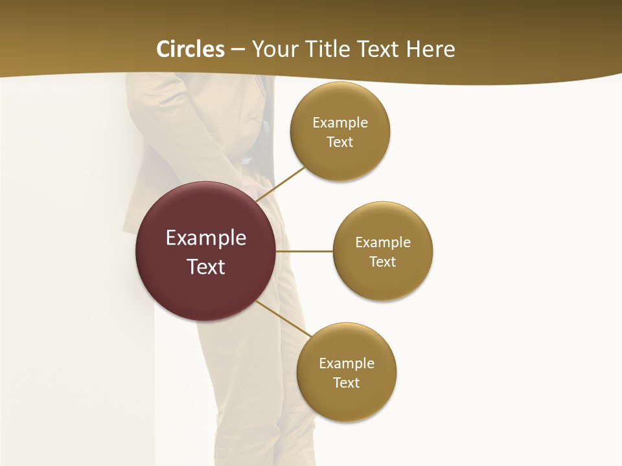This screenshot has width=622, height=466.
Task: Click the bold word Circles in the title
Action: [190, 49]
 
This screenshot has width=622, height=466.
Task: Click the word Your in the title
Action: [273, 49]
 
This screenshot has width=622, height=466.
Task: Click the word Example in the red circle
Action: [206, 238]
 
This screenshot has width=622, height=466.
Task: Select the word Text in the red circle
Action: [206, 267]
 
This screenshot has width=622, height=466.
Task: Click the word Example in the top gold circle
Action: [340, 123]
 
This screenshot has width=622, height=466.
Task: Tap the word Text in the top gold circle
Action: [340, 142]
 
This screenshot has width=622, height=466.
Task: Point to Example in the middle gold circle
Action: [383, 243]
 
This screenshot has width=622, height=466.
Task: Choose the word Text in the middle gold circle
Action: [383, 262]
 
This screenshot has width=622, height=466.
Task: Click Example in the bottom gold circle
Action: [347, 364]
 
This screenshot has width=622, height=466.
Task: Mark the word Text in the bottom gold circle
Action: [347, 383]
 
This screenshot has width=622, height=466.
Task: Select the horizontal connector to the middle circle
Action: [305, 251]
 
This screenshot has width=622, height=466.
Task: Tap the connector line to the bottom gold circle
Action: [283, 318]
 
